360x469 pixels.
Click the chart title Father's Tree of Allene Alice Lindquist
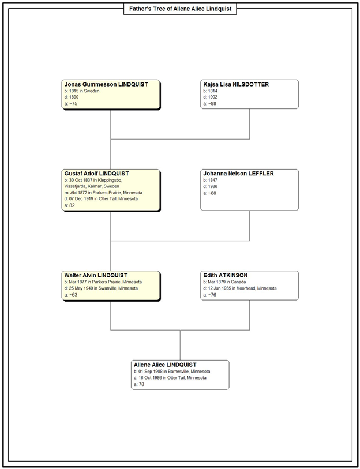[180, 9]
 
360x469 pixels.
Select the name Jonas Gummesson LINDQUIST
[106, 84]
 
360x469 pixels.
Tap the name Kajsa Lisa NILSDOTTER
[236, 84]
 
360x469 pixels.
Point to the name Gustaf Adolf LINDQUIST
[97, 174]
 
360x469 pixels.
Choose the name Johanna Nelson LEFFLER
[238, 174]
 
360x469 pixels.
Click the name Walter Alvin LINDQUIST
[96, 275]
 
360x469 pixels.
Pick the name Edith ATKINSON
[226, 275]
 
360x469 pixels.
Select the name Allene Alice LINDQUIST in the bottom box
[165, 365]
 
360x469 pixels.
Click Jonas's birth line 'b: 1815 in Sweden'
[82, 91]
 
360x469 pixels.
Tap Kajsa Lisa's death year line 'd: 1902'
[211, 97]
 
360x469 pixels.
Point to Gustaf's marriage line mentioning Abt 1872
[103, 193]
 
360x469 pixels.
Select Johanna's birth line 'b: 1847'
[211, 180]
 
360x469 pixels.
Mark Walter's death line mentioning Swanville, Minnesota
[101, 288]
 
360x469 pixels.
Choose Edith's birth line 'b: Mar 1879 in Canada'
[224, 282]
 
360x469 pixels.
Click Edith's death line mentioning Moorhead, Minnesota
[239, 288]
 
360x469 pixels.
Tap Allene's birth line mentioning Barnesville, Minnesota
[172, 371]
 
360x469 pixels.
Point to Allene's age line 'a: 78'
[139, 384]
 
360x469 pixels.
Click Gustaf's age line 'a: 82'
[69, 205]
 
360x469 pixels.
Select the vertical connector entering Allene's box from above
[180, 345]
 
